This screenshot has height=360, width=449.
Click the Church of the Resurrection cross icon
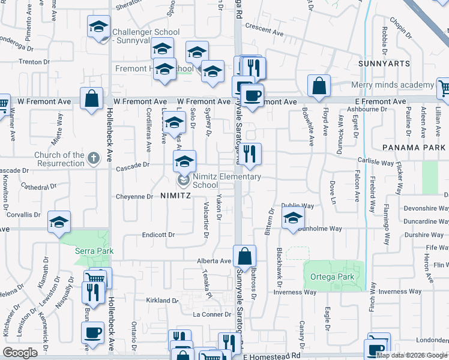(x=92, y=158)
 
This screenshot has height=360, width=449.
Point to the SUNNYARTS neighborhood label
(x=384, y=63)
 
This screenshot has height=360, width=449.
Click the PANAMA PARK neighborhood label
(x=415, y=146)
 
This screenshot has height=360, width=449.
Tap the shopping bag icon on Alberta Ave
(x=245, y=256)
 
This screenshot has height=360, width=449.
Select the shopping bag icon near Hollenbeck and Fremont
(x=92, y=99)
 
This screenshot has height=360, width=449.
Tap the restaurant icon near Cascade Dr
(x=250, y=154)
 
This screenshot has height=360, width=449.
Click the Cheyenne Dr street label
(x=133, y=197)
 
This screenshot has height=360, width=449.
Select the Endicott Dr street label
(x=158, y=235)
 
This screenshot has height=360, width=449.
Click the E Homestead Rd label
(x=271, y=356)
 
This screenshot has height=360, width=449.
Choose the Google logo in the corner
(x=20, y=353)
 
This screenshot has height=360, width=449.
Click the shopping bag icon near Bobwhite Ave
(x=319, y=86)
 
